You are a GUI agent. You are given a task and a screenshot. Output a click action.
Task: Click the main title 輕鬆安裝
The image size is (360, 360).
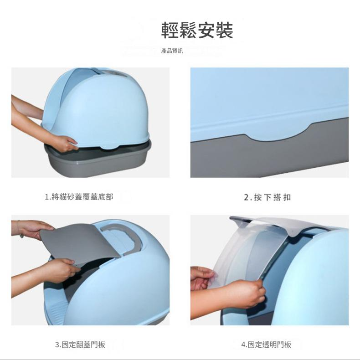(197, 30)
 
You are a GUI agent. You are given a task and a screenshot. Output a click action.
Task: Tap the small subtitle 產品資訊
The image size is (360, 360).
(172, 51)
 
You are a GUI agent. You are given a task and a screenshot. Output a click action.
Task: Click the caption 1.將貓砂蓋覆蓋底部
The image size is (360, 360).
(79, 197)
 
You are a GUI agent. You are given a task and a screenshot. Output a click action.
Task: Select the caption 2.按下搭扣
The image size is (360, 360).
(267, 197)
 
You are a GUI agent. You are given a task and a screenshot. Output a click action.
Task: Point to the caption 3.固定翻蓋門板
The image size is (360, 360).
(80, 345)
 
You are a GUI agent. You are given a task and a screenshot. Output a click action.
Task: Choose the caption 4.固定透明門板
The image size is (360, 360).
(266, 345)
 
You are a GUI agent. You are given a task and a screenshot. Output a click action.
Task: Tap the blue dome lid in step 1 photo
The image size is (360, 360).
(97, 108)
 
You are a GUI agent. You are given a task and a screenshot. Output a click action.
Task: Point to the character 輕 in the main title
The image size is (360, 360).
(170, 30)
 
